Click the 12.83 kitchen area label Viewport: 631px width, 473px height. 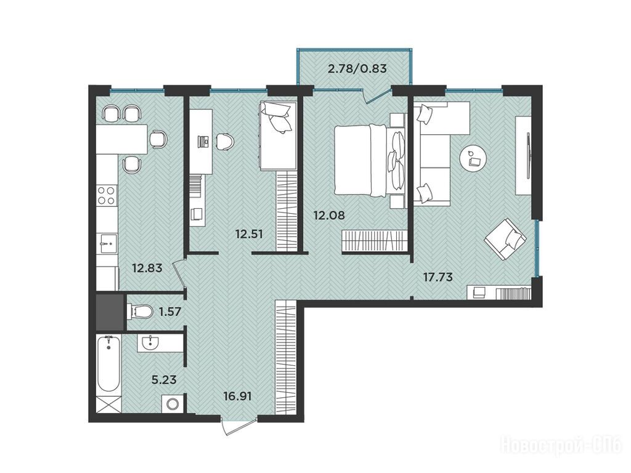point(147,267)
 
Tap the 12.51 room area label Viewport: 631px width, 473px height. point(249,233)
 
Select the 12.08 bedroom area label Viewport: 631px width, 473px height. point(329,215)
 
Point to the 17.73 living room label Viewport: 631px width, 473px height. point(438,277)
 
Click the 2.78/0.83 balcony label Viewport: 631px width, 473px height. point(357,68)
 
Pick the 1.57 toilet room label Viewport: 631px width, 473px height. point(170,311)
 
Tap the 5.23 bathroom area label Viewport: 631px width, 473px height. point(164,379)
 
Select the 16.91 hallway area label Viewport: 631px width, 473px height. point(238,397)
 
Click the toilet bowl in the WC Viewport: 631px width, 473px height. point(140,311)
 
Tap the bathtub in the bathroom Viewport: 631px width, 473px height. point(108,364)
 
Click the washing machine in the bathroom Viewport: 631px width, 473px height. point(173,403)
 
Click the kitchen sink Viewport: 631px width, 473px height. point(107,243)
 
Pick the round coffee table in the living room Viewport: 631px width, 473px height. point(474,160)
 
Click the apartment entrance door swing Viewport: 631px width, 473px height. point(238,426)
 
